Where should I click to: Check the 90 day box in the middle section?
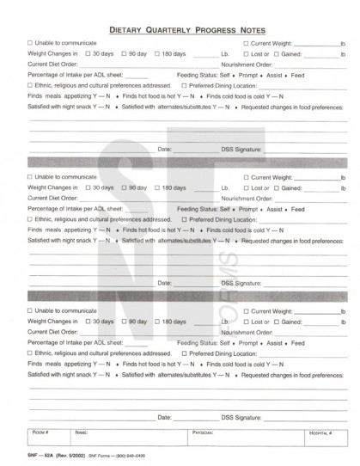tap(125, 187)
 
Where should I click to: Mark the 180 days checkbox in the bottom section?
tap(157, 321)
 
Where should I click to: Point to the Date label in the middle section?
tap(166, 283)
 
